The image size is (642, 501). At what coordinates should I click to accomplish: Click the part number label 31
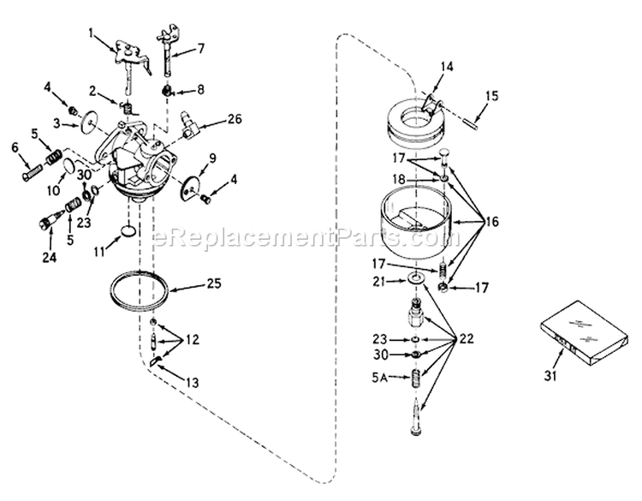[550, 376]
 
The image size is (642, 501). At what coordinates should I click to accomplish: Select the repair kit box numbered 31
[584, 333]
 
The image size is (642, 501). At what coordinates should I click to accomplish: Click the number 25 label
[214, 283]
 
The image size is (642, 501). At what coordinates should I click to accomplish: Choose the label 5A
[379, 378]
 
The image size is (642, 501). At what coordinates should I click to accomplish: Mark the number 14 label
[448, 66]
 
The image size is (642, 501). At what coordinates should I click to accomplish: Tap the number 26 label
[235, 119]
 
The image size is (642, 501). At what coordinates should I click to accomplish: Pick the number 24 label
[49, 257]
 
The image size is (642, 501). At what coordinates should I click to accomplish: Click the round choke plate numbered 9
[190, 187]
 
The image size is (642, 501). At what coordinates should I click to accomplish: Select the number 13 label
[192, 383]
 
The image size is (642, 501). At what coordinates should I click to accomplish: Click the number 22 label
[465, 338]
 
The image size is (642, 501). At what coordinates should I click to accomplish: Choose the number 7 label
[201, 49]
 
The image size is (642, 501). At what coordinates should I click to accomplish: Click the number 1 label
[91, 33]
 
